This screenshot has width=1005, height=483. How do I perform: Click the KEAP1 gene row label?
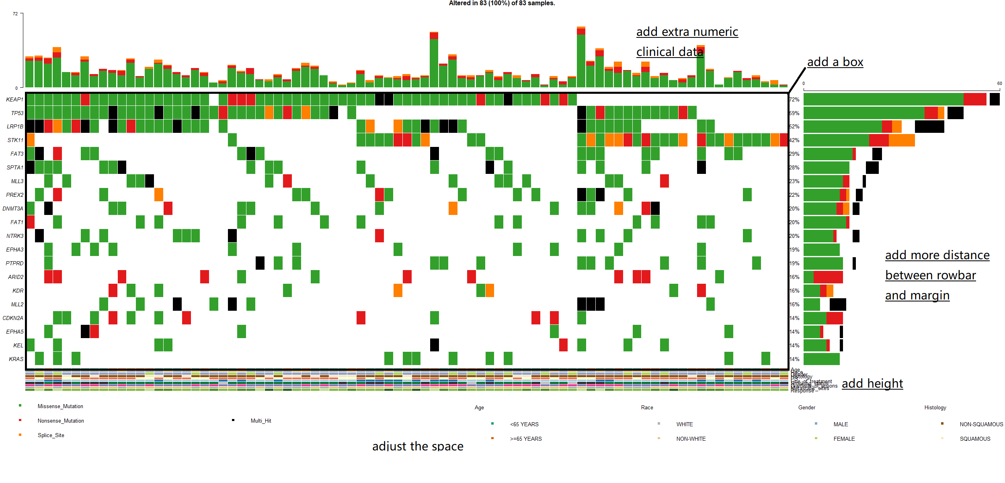(x=15, y=99)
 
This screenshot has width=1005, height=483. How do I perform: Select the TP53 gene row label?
(x=17, y=113)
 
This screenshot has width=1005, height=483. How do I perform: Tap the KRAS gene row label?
(x=16, y=359)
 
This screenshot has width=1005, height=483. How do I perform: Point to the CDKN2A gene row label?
(x=13, y=318)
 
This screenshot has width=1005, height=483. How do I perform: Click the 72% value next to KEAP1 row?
(x=794, y=99)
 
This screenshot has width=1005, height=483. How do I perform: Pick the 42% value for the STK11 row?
(x=794, y=140)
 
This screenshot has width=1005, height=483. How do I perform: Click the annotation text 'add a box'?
(x=835, y=62)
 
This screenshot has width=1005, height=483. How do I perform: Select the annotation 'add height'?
(x=872, y=383)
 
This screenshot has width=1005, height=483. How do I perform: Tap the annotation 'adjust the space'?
(x=418, y=446)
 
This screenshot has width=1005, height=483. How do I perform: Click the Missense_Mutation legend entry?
(x=60, y=406)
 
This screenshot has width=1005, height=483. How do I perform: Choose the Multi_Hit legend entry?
(x=261, y=421)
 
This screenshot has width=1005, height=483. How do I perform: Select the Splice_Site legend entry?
(x=51, y=435)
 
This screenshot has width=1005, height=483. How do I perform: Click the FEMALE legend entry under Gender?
(x=844, y=439)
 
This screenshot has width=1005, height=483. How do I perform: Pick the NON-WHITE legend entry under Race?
(x=691, y=439)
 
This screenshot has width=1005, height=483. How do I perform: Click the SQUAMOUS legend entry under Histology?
(x=975, y=439)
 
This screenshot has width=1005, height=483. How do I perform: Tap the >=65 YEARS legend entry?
(x=526, y=439)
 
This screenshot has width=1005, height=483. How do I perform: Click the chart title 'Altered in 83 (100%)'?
(x=502, y=3)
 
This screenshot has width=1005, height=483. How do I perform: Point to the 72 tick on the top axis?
(x=15, y=14)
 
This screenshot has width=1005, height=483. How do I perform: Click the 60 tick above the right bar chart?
(x=999, y=83)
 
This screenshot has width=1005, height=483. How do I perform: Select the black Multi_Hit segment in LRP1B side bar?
(x=929, y=126)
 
